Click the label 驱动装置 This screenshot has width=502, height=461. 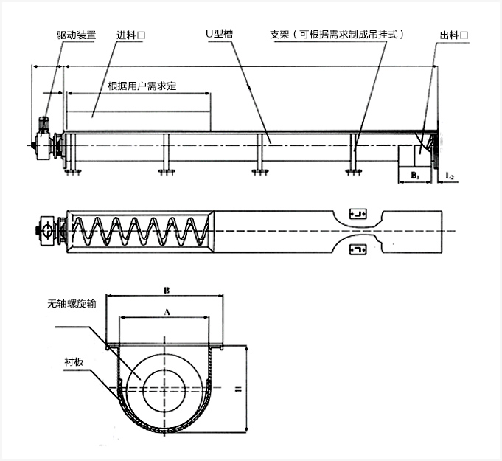(76, 35)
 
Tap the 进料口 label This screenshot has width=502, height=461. (130, 35)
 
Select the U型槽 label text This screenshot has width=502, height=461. (219, 35)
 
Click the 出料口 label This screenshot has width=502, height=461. (454, 35)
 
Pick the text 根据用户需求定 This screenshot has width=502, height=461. (142, 86)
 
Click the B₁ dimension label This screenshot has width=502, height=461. (414, 176)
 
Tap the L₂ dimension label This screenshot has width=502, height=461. (450, 176)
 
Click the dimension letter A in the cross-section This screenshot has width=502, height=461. (166, 312)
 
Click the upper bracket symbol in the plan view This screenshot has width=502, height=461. (358, 214)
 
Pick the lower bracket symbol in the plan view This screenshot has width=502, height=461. (358, 251)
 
